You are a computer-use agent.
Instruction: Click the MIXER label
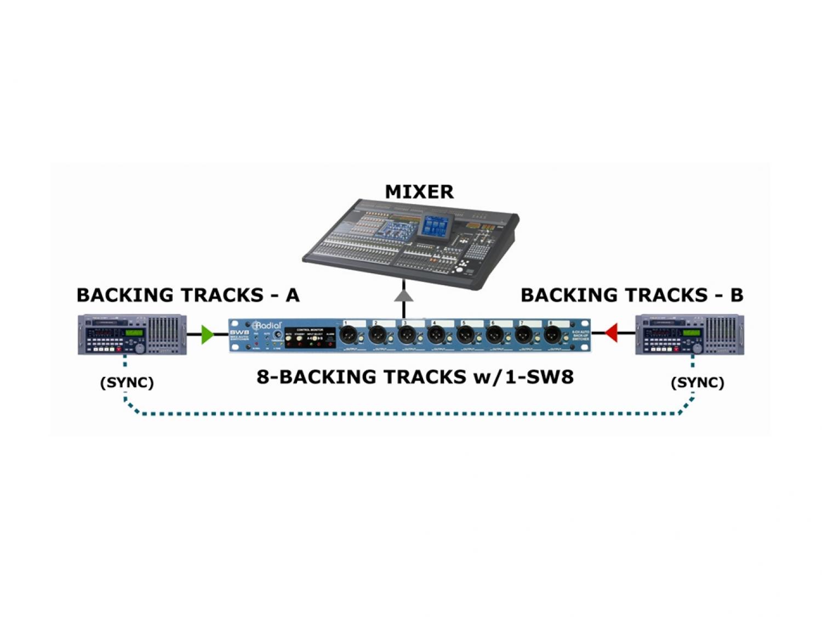[x=419, y=192]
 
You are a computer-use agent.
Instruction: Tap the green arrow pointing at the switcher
[x=207, y=334]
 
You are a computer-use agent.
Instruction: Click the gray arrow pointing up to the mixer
[x=404, y=296]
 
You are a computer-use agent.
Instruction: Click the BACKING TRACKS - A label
[x=188, y=295]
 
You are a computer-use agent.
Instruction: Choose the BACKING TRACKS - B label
[x=631, y=295]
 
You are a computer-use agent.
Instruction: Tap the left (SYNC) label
[x=127, y=382]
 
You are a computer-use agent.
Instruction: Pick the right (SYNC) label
[x=697, y=382]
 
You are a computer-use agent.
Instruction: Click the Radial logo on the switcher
[x=267, y=325]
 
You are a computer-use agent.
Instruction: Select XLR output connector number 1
[x=348, y=334]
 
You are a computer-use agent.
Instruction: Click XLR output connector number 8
[x=553, y=334]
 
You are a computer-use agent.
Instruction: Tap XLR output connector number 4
[x=436, y=334]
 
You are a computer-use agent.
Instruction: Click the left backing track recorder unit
[x=132, y=334]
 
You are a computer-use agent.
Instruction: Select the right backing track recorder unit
[x=689, y=334]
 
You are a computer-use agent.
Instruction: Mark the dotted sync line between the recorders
[x=411, y=413]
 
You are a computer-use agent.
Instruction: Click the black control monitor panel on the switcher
[x=310, y=337]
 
